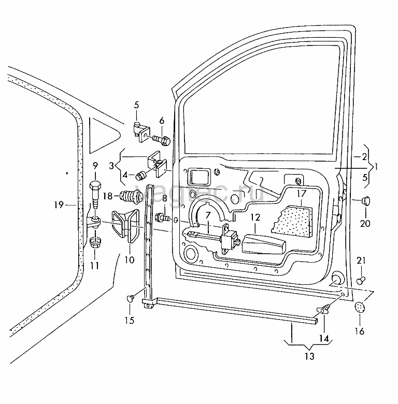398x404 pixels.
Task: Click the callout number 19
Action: tap(59, 205)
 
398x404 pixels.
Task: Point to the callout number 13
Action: tap(309, 356)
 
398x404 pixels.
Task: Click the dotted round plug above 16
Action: tap(360, 307)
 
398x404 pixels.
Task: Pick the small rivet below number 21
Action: tap(360, 281)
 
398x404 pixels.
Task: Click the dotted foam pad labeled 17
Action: tap(292, 221)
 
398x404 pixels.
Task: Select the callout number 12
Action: tap(255, 217)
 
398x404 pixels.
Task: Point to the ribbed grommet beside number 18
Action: tap(132, 197)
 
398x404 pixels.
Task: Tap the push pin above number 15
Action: tap(131, 298)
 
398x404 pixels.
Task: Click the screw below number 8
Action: tap(162, 217)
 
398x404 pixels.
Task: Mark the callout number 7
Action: tap(208, 215)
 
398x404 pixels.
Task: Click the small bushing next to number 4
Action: tap(141, 176)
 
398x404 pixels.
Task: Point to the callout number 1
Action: tap(376, 167)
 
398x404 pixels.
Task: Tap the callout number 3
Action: tap(111, 166)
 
